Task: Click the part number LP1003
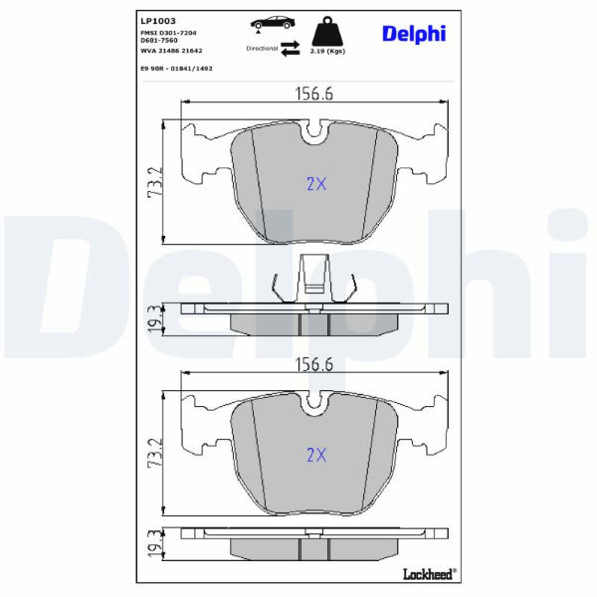point(158,21)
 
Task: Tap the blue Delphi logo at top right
point(414,34)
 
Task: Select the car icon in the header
point(273,23)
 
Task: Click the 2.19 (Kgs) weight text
point(327,51)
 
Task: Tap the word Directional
point(262,49)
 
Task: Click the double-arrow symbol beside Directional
point(291,49)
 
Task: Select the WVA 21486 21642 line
point(171,51)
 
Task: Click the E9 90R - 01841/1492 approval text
point(176,69)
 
